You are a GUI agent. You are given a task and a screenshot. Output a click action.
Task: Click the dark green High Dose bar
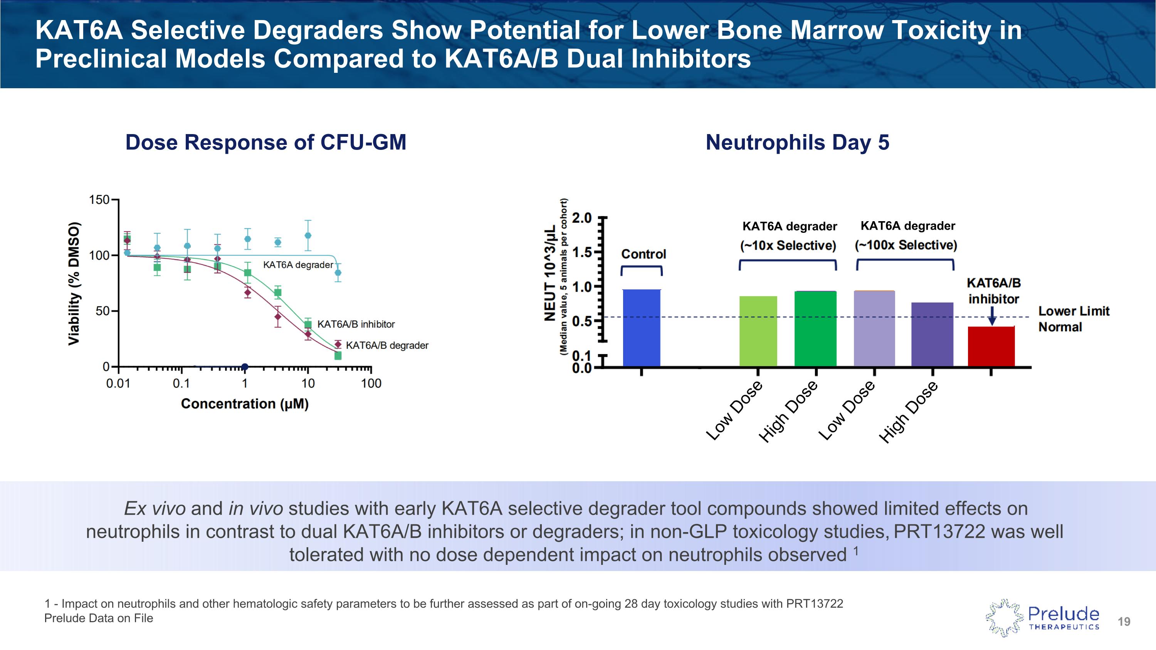pos(815,328)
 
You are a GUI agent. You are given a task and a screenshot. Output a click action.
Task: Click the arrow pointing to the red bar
pos(992,317)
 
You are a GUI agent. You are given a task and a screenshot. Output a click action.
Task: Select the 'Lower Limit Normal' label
pos(1074,319)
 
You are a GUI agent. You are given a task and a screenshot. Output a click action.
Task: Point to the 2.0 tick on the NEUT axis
pos(582,218)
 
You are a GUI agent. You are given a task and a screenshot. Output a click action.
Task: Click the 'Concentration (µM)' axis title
pos(245,404)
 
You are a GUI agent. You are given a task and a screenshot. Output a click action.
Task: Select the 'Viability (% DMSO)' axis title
pos(74,284)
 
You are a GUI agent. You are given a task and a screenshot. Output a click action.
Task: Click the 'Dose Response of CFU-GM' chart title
pos(265,142)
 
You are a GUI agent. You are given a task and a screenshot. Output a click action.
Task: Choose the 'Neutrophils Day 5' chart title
pos(797,142)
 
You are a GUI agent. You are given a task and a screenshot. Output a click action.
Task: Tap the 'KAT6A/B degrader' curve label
pos(387,345)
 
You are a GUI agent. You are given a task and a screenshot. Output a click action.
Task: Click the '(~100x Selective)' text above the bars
pos(906,245)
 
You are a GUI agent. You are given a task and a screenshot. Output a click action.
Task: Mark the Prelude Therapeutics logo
pos(1042,618)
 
